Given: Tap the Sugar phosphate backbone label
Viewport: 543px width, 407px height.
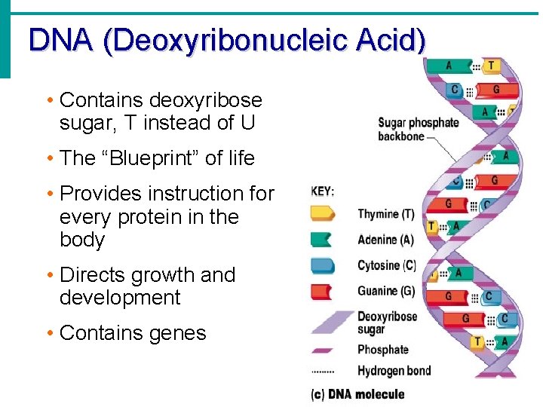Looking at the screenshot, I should tap(418, 130).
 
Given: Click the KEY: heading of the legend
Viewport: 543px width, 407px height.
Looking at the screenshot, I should tap(323, 191).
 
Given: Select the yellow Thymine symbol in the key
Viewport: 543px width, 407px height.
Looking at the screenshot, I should tap(323, 214).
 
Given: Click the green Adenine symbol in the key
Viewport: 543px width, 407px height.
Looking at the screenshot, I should tap(322, 240).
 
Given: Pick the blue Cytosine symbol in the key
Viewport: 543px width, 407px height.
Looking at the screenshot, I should tap(323, 265).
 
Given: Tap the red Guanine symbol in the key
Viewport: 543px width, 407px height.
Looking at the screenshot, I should tap(323, 291).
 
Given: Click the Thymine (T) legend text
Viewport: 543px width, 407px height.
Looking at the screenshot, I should tap(385, 215).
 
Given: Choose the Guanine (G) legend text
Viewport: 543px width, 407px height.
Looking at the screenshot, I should tap(387, 291).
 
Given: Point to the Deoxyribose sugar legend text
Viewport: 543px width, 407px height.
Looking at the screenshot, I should tap(387, 323).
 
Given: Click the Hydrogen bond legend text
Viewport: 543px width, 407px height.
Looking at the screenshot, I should tap(394, 370).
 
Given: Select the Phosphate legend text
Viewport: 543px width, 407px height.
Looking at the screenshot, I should tap(383, 350).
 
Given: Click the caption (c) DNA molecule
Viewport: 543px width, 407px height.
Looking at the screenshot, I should tap(357, 394).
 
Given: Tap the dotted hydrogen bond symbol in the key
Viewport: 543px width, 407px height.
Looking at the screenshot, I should tap(323, 371).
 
